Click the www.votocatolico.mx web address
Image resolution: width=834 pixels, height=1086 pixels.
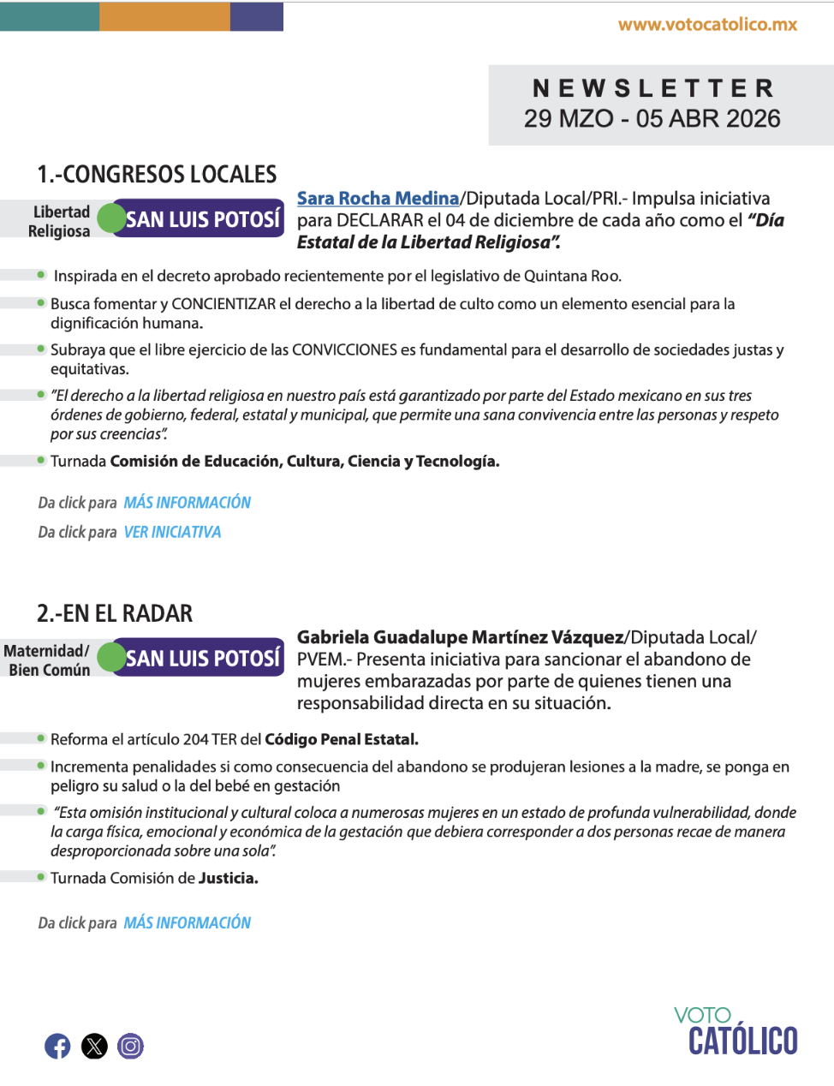[x=707, y=25]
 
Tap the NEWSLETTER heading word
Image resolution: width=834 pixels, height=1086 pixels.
[x=653, y=88]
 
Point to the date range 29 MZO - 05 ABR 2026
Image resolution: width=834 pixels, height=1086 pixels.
[x=652, y=118]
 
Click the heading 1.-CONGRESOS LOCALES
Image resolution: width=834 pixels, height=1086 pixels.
[x=157, y=175]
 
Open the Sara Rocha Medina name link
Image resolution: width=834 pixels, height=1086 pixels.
[x=378, y=199]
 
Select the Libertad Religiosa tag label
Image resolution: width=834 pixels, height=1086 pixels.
[x=59, y=221]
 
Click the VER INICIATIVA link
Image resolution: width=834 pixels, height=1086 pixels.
[x=172, y=532]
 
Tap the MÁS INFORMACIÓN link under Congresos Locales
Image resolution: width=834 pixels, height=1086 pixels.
[x=187, y=503]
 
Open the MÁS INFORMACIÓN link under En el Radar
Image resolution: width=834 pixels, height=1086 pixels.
[x=187, y=922]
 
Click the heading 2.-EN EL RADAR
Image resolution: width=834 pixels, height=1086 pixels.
[x=115, y=613]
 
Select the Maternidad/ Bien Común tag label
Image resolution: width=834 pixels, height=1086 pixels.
[x=48, y=660]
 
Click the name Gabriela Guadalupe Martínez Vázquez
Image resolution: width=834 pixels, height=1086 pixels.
[x=460, y=637]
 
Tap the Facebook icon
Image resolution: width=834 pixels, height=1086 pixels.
[x=57, y=1046]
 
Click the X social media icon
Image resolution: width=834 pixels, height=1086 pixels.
[x=94, y=1046]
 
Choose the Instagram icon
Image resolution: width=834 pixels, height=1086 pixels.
[x=130, y=1046]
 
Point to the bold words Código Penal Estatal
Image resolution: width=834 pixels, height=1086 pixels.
[x=341, y=739]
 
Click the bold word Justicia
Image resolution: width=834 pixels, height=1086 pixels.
[x=228, y=878]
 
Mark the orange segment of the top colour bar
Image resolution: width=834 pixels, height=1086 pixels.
[x=164, y=16]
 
